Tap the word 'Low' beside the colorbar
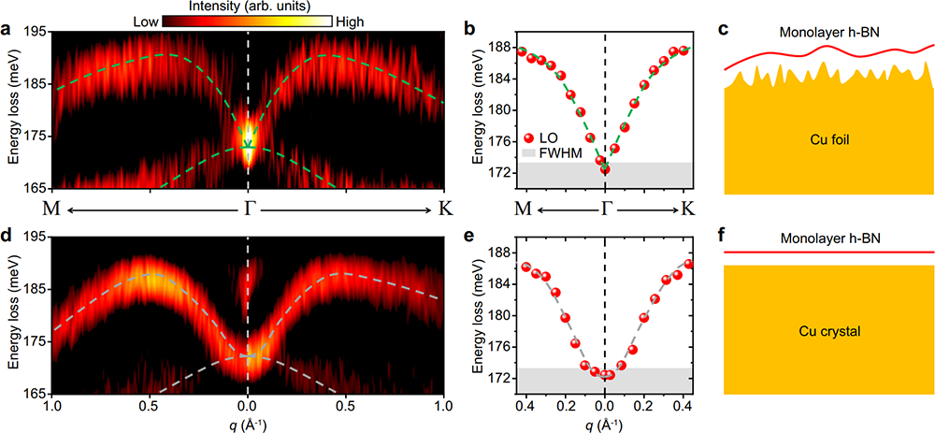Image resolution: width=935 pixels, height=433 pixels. pos(146,21)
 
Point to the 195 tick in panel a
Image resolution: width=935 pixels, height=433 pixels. pos(36,32)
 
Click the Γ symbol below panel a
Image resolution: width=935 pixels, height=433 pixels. pos(248,207)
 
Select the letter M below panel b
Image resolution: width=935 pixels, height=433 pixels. pos(524,207)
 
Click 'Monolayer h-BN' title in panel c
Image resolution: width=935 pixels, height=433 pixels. pos(828,33)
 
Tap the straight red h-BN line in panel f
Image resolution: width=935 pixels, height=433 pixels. pos(828,252)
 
